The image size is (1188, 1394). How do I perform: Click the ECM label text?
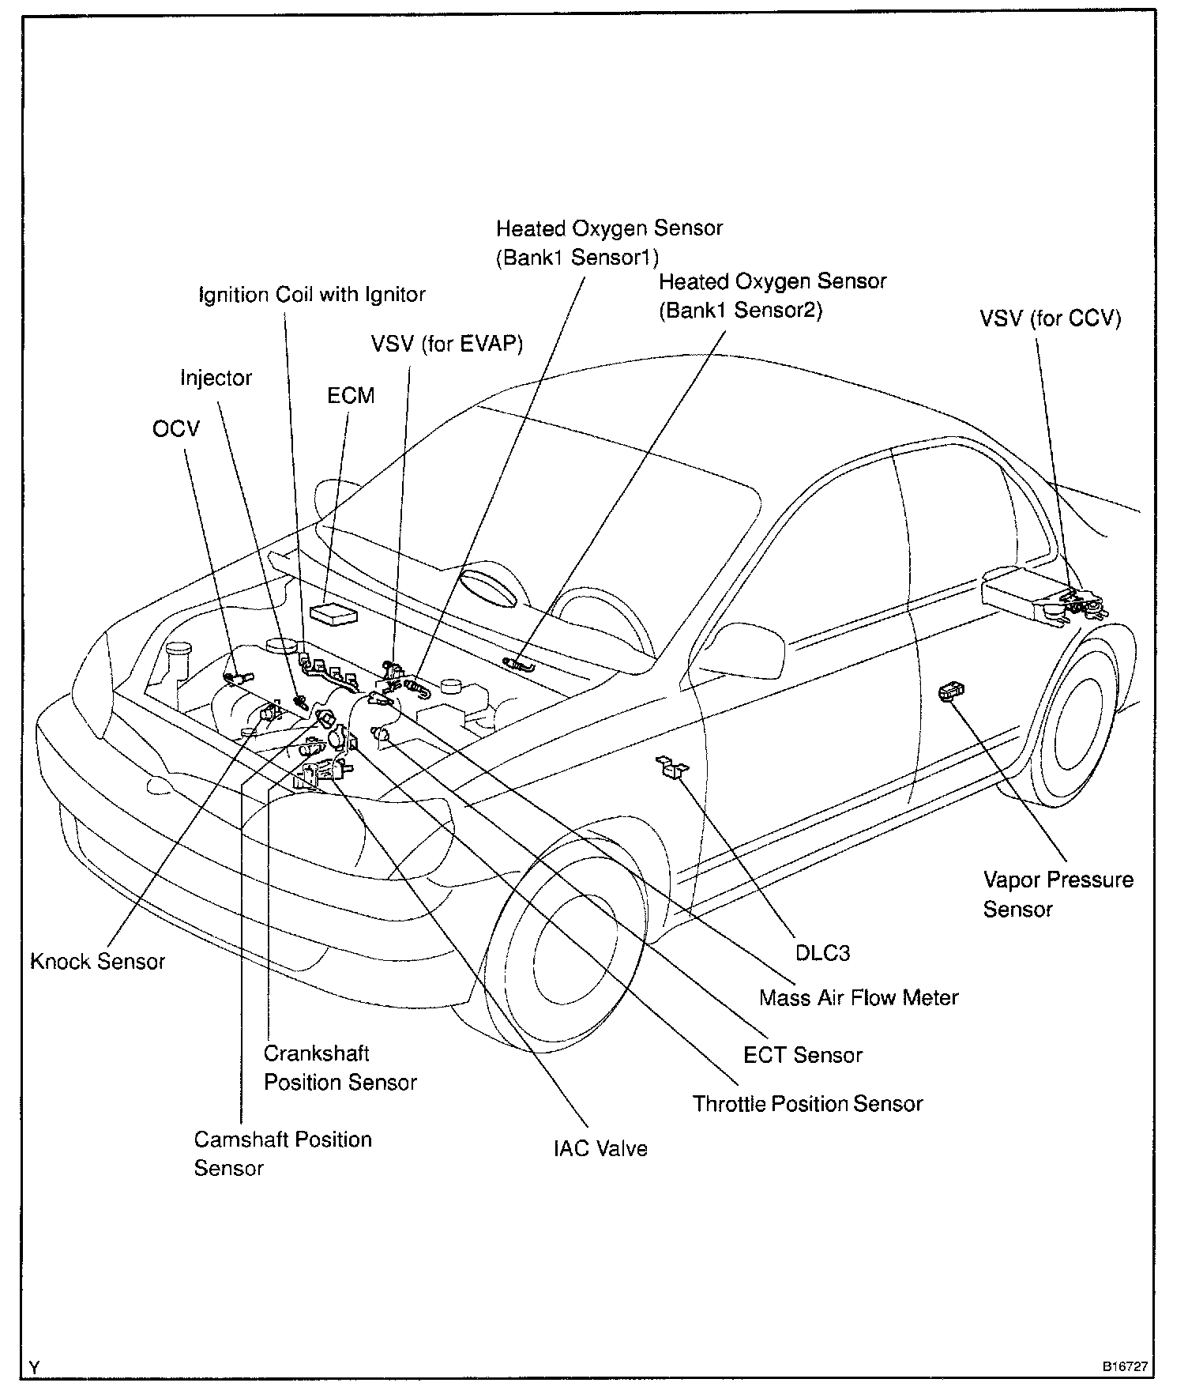[351, 395]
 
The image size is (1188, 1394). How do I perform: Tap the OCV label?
[176, 429]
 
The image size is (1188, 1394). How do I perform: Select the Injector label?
[216, 378]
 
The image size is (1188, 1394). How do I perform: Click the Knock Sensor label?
[98, 962]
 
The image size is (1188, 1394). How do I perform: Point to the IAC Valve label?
[600, 1148]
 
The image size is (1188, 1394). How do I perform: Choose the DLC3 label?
[822, 953]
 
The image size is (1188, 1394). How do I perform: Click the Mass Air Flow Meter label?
[859, 998]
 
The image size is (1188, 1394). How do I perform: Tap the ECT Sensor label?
[803, 1055]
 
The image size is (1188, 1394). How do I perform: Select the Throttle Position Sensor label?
[807, 1104]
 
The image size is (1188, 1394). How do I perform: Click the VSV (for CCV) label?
[1050, 318]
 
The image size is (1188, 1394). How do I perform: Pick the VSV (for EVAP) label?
[447, 344]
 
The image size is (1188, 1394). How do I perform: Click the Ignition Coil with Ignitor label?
[312, 295]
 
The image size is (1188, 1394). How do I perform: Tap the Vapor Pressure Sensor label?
[1057, 895]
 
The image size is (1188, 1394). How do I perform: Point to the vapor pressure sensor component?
[950, 692]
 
